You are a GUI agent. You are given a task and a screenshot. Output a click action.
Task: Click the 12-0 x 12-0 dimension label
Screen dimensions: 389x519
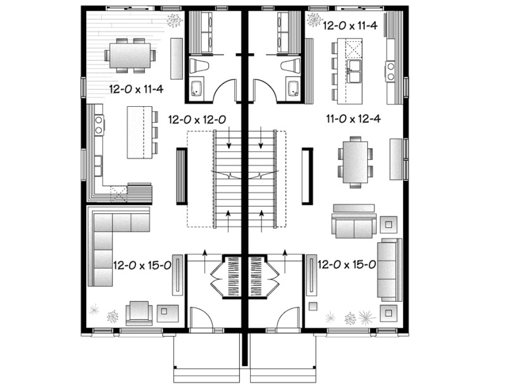(197, 118)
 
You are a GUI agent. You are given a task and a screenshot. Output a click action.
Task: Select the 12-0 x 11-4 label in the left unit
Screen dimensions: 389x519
(136, 89)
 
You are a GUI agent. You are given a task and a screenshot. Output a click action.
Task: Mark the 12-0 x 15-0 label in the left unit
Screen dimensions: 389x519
(142, 264)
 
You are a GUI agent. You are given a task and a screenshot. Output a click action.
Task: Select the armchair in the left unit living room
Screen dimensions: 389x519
(139, 312)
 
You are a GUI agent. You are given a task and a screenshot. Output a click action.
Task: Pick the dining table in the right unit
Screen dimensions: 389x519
(355, 163)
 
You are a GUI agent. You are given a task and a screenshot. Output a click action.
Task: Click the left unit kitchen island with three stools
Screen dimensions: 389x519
(139, 132)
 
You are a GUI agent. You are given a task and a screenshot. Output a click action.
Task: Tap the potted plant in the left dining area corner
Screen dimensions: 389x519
(173, 21)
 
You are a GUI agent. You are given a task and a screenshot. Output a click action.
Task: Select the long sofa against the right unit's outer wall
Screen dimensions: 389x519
(389, 269)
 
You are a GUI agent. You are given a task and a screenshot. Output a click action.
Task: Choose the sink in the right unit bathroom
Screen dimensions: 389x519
(292, 88)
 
